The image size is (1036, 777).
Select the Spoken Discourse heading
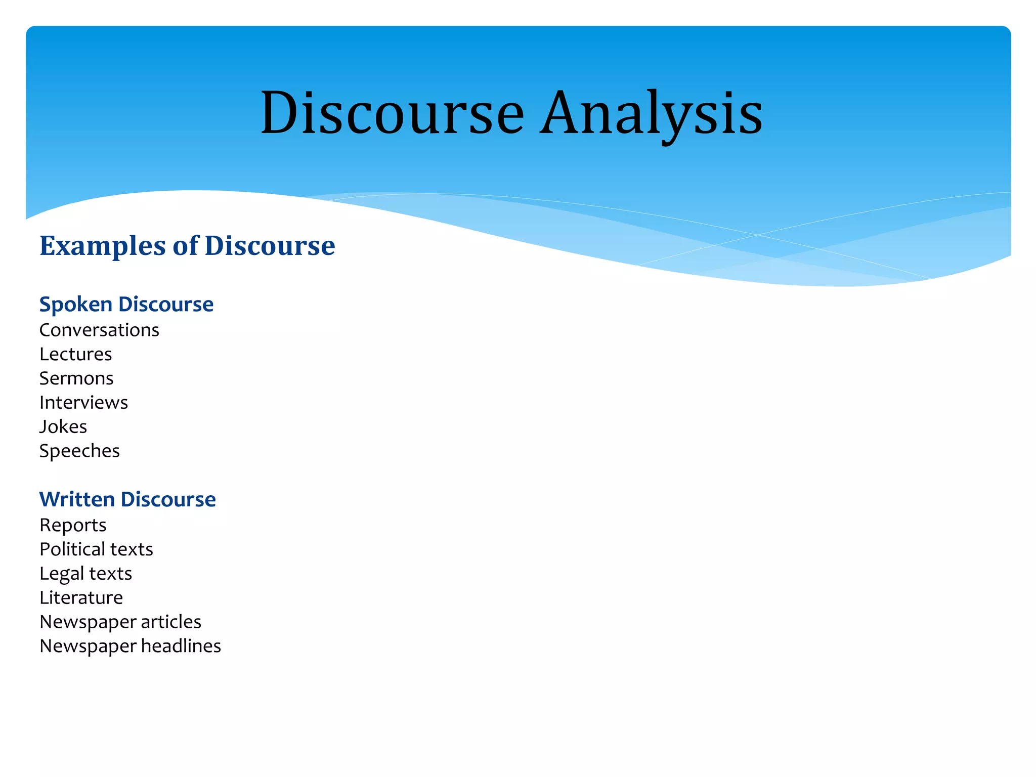[126, 305]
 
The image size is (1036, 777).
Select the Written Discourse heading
[127, 499]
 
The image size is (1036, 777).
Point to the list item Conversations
[99, 330]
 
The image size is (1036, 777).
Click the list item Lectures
[75, 354]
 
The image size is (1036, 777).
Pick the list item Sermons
[76, 378]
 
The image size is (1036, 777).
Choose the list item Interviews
[83, 403]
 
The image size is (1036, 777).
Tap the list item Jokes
[63, 427]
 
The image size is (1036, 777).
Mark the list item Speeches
[79, 451]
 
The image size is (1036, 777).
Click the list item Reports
[73, 526]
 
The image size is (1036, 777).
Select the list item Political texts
[96, 549]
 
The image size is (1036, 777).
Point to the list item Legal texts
[85, 574]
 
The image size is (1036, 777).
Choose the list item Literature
[81, 598]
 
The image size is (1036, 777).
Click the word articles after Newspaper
[171, 622]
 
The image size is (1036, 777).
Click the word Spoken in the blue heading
[76, 305]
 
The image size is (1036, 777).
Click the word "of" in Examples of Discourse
[186, 246]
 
